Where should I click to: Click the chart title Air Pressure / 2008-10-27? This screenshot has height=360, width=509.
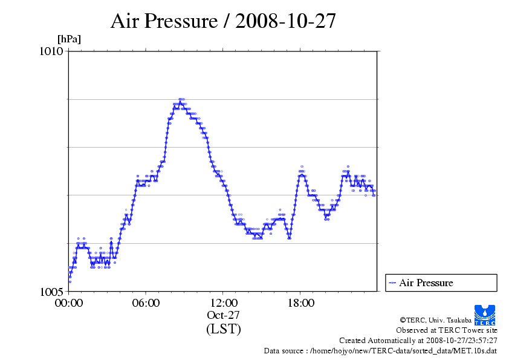(223, 21)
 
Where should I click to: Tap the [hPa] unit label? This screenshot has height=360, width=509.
(69, 39)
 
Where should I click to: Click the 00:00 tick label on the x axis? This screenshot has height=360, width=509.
(69, 303)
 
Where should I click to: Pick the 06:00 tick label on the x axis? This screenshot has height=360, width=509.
(146, 303)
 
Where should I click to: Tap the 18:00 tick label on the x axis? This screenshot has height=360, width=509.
(300, 303)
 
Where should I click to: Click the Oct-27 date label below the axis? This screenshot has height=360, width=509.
(223, 315)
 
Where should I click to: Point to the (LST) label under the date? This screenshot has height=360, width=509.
(223, 329)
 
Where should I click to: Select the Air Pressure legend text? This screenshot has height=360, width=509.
(426, 283)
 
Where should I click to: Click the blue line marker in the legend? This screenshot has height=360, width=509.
(392, 283)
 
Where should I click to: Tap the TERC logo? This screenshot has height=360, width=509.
(485, 315)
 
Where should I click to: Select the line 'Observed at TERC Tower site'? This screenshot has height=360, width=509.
(447, 330)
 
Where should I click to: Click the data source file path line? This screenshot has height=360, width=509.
(380, 351)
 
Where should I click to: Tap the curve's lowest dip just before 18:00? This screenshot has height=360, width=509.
(290, 237)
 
